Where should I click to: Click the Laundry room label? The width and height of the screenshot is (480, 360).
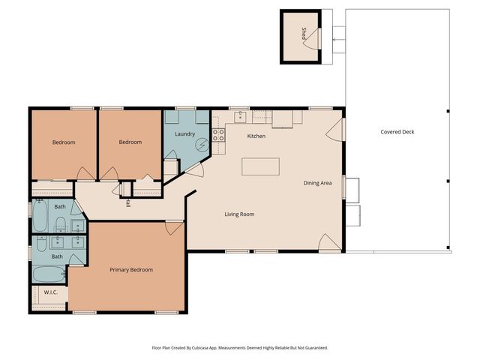click(x=185, y=133)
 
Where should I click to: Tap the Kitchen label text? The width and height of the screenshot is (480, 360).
click(x=256, y=136)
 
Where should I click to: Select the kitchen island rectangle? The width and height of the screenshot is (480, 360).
click(x=260, y=166)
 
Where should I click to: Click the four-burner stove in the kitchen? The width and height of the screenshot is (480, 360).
click(x=219, y=135)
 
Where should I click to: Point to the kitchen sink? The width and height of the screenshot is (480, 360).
click(x=239, y=116)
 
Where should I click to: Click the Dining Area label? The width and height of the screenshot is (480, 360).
click(x=317, y=183)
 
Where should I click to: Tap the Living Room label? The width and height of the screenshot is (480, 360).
click(x=239, y=214)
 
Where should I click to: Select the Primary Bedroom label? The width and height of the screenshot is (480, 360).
click(x=131, y=269)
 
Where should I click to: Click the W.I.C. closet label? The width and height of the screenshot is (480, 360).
click(x=51, y=292)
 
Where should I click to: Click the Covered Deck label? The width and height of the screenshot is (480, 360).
click(x=397, y=132)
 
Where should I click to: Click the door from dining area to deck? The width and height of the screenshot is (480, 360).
click(x=335, y=129)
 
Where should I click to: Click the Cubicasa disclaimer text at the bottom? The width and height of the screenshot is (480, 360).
click(x=240, y=348)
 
